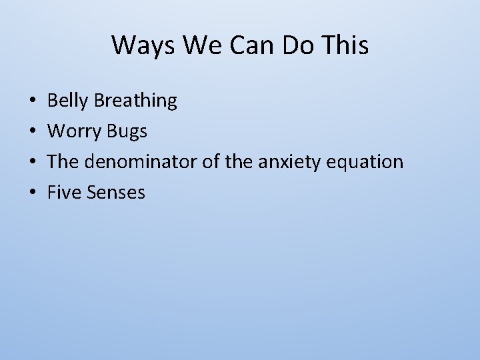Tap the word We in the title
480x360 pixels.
194,45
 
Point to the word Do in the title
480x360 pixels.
291,45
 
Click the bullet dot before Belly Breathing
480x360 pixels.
33,101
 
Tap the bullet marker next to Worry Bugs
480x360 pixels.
33,132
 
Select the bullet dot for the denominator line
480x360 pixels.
33,163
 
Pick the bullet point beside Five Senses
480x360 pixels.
33,193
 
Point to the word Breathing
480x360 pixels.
135,101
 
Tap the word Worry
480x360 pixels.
74,132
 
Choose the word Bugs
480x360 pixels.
127,132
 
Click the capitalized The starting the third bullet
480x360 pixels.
63,163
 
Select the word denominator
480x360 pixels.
139,163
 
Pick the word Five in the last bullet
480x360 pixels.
64,193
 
